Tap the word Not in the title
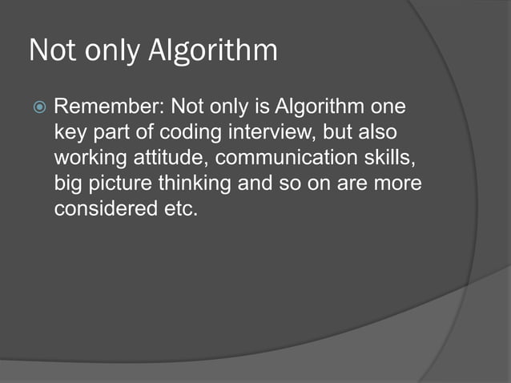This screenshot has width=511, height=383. point(50,51)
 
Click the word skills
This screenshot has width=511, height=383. point(384,159)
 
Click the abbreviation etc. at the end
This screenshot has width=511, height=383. point(179,210)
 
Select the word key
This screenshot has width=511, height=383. point(68,133)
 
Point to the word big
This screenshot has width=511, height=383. point(67,184)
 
